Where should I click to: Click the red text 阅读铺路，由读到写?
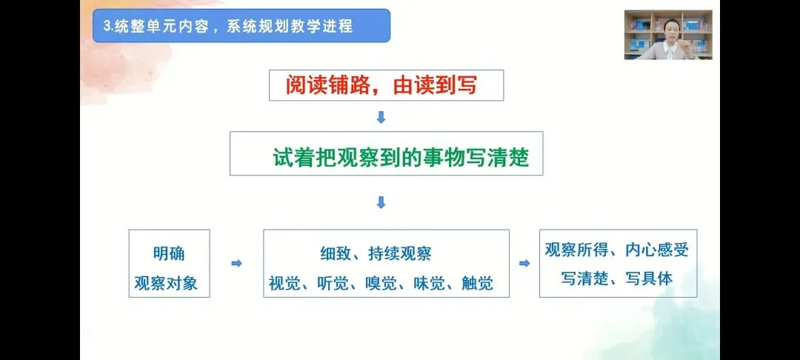pos(381,86)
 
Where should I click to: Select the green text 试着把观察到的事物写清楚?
pos(401,157)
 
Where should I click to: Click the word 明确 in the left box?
pos(169,253)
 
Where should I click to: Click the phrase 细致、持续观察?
pos(376,253)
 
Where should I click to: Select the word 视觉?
pos(284,282)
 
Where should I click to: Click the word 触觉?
pos(476,282)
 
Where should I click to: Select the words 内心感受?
pos(657,250)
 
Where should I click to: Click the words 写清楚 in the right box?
pos(584,279)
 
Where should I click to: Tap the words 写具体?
pos(647,279)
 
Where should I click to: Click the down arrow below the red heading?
pos(381,117)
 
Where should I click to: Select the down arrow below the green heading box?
pos(381,202)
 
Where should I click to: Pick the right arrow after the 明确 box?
pos(236,263)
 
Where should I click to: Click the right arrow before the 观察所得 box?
pos(524,263)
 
